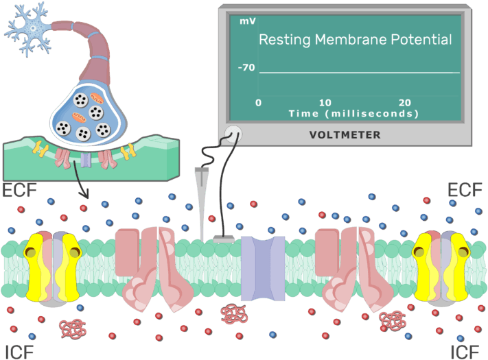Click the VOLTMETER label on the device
click(x=345, y=135)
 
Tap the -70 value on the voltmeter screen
click(x=246, y=69)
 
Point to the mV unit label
click(x=247, y=21)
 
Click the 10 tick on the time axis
click(x=325, y=103)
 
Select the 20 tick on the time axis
click(x=405, y=103)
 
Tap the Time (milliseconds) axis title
click(x=353, y=113)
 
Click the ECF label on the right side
click(x=465, y=190)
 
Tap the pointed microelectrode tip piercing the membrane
click(x=202, y=233)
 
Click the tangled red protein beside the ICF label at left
click(x=71, y=328)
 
